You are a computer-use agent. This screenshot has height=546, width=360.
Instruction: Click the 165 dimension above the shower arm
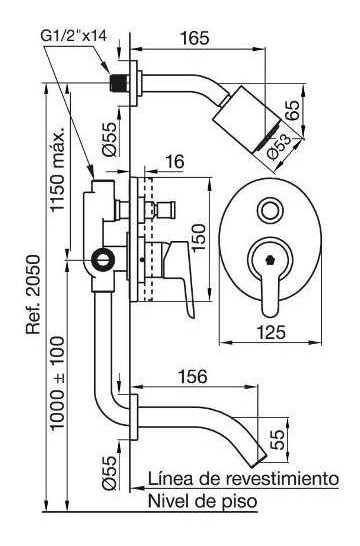coord(195,38)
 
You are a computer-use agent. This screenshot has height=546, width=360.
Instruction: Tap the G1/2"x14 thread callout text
coord(74,35)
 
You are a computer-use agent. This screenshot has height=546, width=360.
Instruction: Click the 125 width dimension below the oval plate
coord(271,332)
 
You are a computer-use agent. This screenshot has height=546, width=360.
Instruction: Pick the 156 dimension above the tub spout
coord(193,376)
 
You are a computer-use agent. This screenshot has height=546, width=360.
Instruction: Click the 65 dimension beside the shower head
coord(292,110)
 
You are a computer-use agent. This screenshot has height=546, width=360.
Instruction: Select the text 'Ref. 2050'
coord(34,295)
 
